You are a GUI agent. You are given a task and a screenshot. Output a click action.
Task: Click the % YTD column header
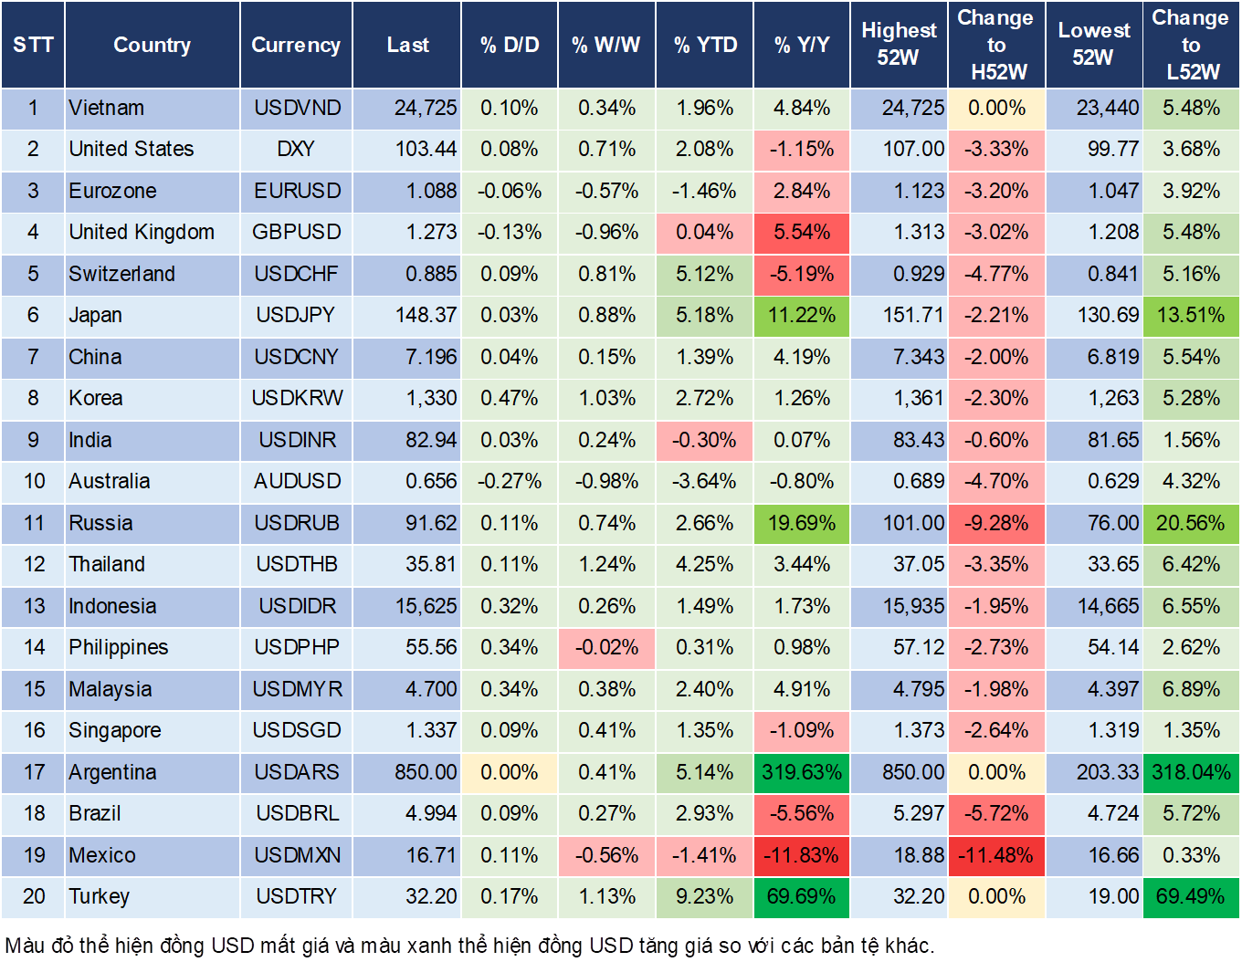705,45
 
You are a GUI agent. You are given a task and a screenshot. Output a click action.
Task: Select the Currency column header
296,45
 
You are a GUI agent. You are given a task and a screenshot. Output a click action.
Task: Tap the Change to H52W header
995,45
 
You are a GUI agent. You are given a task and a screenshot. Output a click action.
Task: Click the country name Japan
96,316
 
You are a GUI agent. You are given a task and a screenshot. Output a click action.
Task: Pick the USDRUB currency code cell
297,523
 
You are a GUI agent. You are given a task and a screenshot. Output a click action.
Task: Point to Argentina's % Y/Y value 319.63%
802,772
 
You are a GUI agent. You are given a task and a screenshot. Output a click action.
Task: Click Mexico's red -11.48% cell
996,855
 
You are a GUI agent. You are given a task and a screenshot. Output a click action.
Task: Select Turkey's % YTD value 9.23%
705,896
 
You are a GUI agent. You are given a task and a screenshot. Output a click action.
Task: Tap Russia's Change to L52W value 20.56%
1191,523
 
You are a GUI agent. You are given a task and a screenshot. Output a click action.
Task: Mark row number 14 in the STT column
34,647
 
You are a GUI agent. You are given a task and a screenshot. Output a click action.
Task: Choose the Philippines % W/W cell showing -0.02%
606,647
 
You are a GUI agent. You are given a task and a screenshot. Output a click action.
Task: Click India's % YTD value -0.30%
705,440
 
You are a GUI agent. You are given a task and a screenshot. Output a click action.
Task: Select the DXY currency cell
296,150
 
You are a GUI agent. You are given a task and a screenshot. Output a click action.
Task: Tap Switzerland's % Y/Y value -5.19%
802,274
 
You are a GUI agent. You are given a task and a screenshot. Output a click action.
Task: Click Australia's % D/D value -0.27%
510,481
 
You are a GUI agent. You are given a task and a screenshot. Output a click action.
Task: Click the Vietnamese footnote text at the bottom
470,945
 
